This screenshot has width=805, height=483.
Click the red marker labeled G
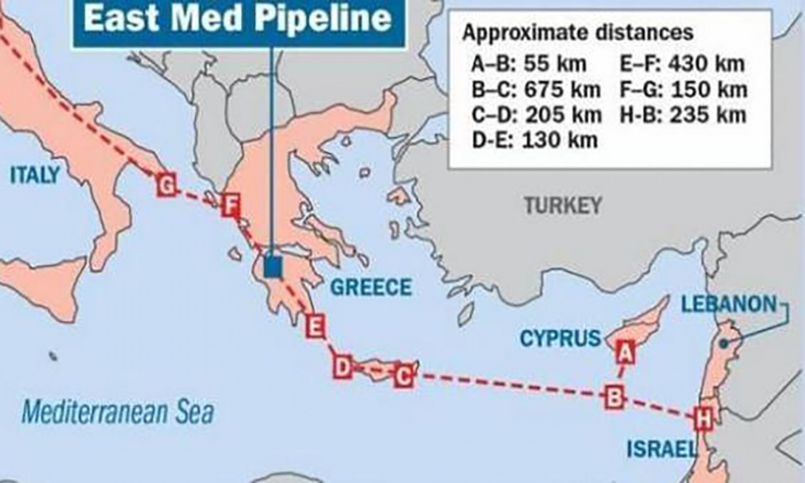pyautogui.click(x=165, y=185)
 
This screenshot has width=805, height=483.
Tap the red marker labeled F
pyautogui.click(x=231, y=207)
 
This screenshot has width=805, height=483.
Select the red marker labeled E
pyautogui.click(x=314, y=326)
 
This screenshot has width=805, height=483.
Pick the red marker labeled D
pyautogui.click(x=342, y=367)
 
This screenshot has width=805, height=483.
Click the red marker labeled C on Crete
pyautogui.click(x=404, y=376)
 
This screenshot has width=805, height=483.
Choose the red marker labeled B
pyautogui.click(x=614, y=396)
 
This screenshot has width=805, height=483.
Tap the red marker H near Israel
pyautogui.click(x=703, y=418)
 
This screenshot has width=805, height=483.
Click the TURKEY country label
pyautogui.click(x=563, y=206)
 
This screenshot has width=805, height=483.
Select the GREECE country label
pyautogui.click(x=371, y=287)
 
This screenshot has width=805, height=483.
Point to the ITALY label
pyautogui.click(x=35, y=174)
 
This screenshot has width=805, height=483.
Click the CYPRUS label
pyautogui.click(x=560, y=338)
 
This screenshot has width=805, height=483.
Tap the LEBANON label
pyautogui.click(x=728, y=304)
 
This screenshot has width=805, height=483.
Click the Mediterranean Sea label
pyautogui.click(x=117, y=413)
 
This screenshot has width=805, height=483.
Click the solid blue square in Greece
pyautogui.click(x=274, y=267)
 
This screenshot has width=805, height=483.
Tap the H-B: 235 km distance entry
pyautogui.click(x=681, y=114)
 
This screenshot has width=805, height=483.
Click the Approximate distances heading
pyautogui.click(x=577, y=33)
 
